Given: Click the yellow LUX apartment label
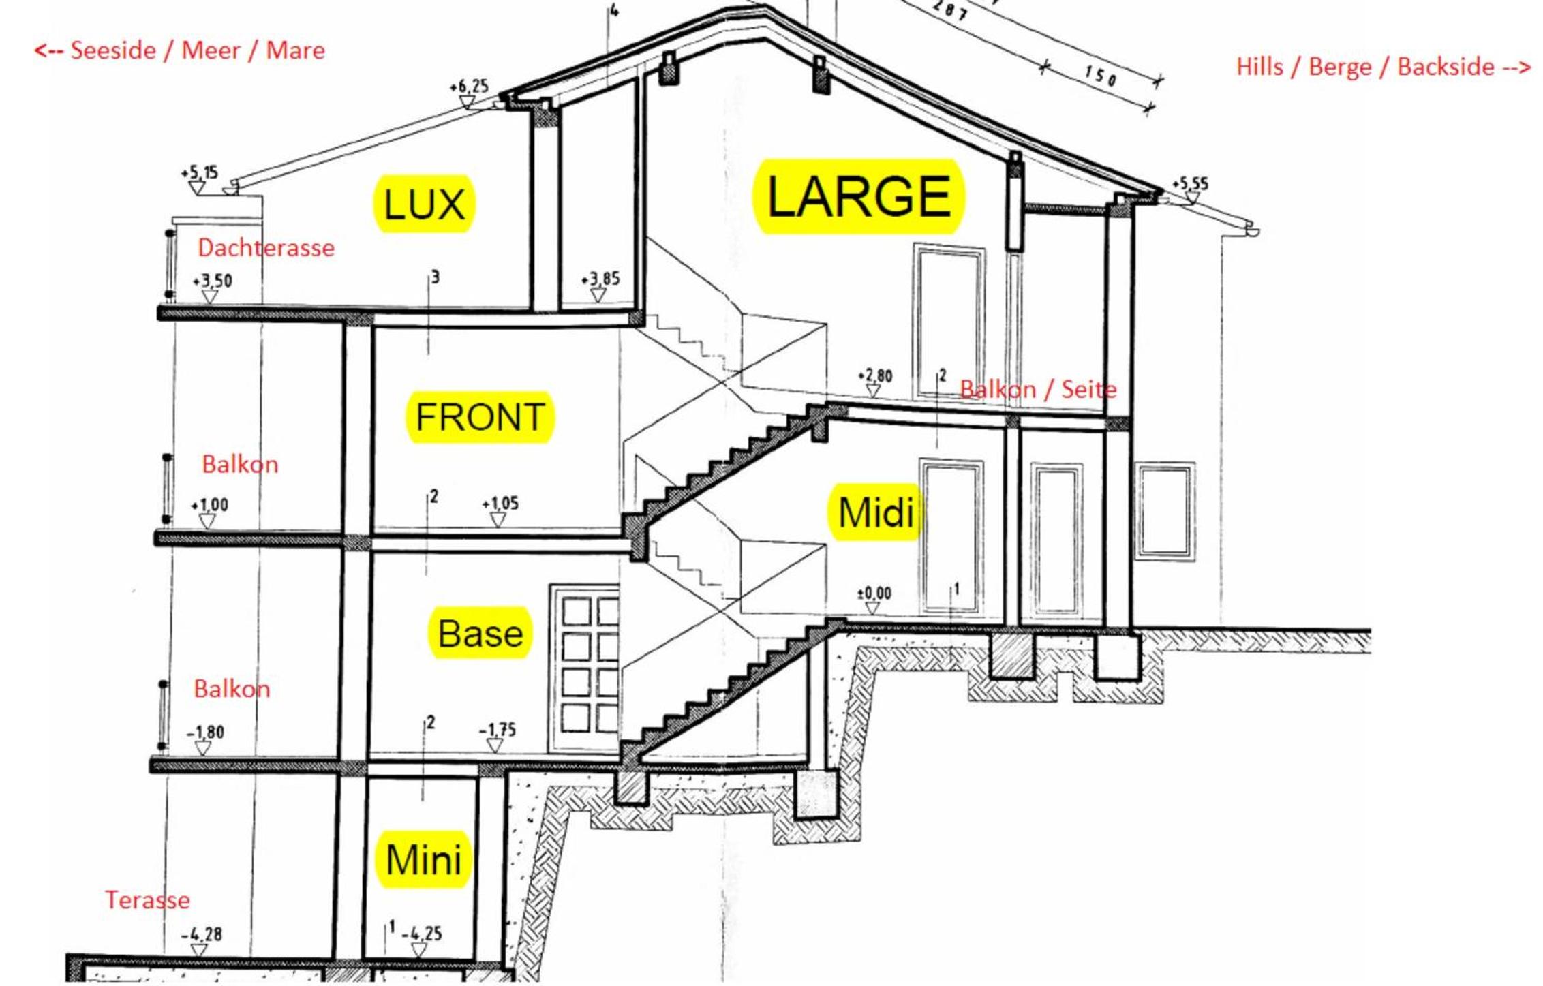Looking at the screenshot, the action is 424,204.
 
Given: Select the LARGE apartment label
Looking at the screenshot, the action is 859,197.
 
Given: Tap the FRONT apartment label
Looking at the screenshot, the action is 480,417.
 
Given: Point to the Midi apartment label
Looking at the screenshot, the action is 875,512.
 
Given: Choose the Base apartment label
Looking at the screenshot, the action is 480,633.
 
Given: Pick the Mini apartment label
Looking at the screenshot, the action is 423,859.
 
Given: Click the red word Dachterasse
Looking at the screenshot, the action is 266,247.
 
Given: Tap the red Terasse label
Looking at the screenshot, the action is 147,899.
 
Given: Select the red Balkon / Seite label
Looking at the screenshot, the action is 1038,389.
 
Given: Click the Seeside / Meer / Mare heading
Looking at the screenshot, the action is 180,50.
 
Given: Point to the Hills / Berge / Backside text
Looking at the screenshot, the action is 1384,67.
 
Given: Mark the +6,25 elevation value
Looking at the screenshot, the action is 469,87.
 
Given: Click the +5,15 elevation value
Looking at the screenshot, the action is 199,172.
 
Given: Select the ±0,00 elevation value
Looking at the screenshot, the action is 874,594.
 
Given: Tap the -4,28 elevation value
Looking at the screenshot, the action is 201,934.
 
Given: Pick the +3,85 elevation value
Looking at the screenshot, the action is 600,279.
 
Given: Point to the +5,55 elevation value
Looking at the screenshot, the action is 1190,183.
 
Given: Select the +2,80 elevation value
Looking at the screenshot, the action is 875,375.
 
